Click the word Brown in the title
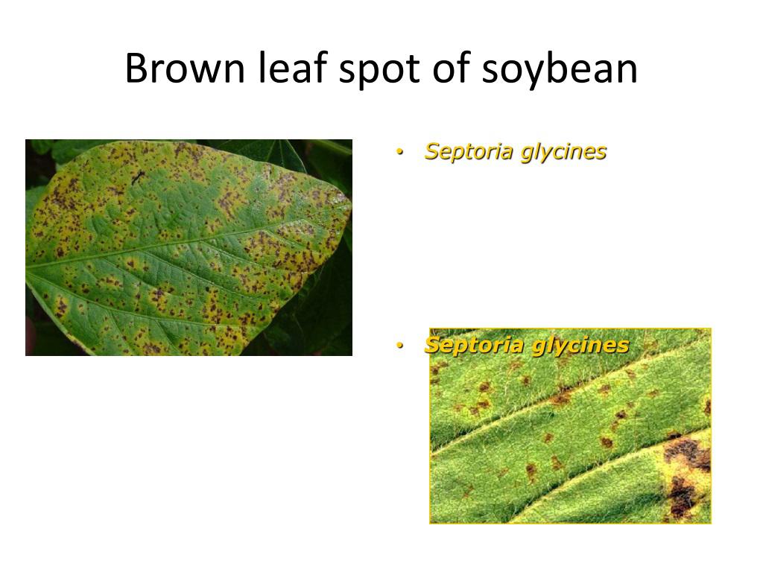(x=185, y=68)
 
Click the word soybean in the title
(x=560, y=69)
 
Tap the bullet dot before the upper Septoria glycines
(x=400, y=152)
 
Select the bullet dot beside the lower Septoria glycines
(x=400, y=346)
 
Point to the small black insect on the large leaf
(x=137, y=177)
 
